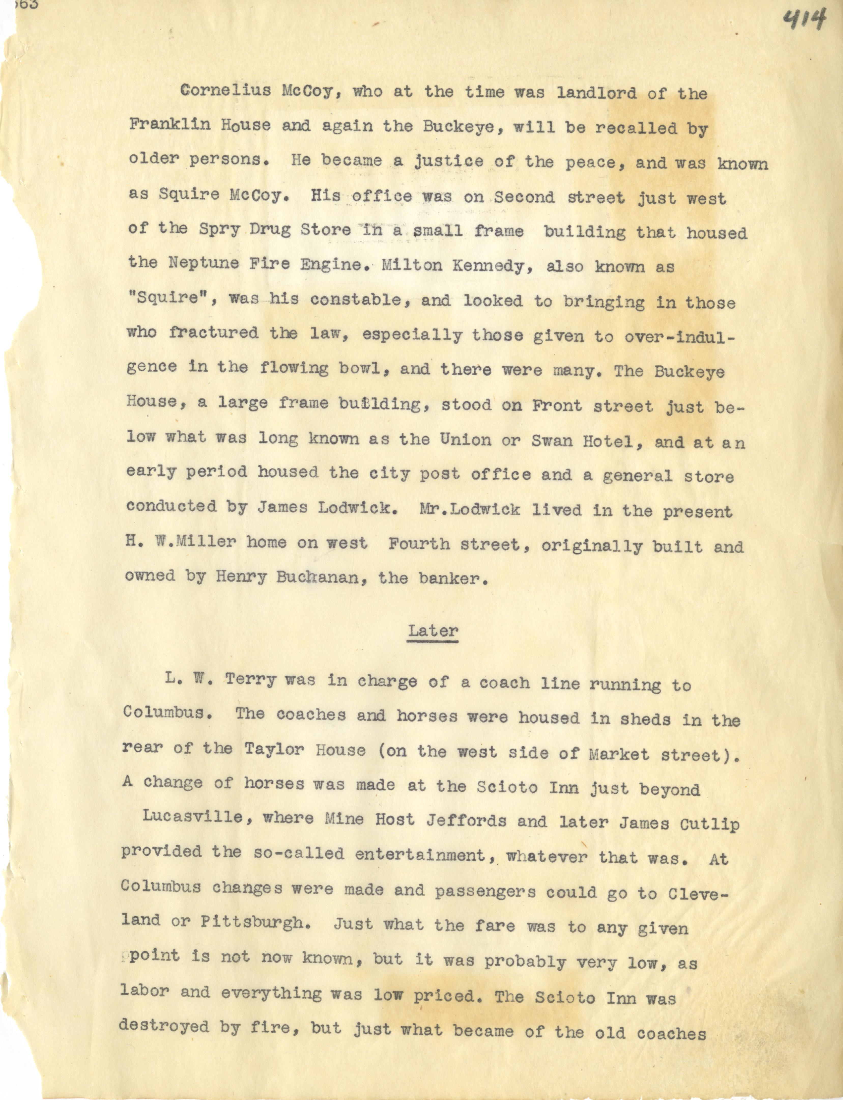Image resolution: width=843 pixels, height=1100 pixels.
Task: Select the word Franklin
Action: (x=170, y=125)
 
